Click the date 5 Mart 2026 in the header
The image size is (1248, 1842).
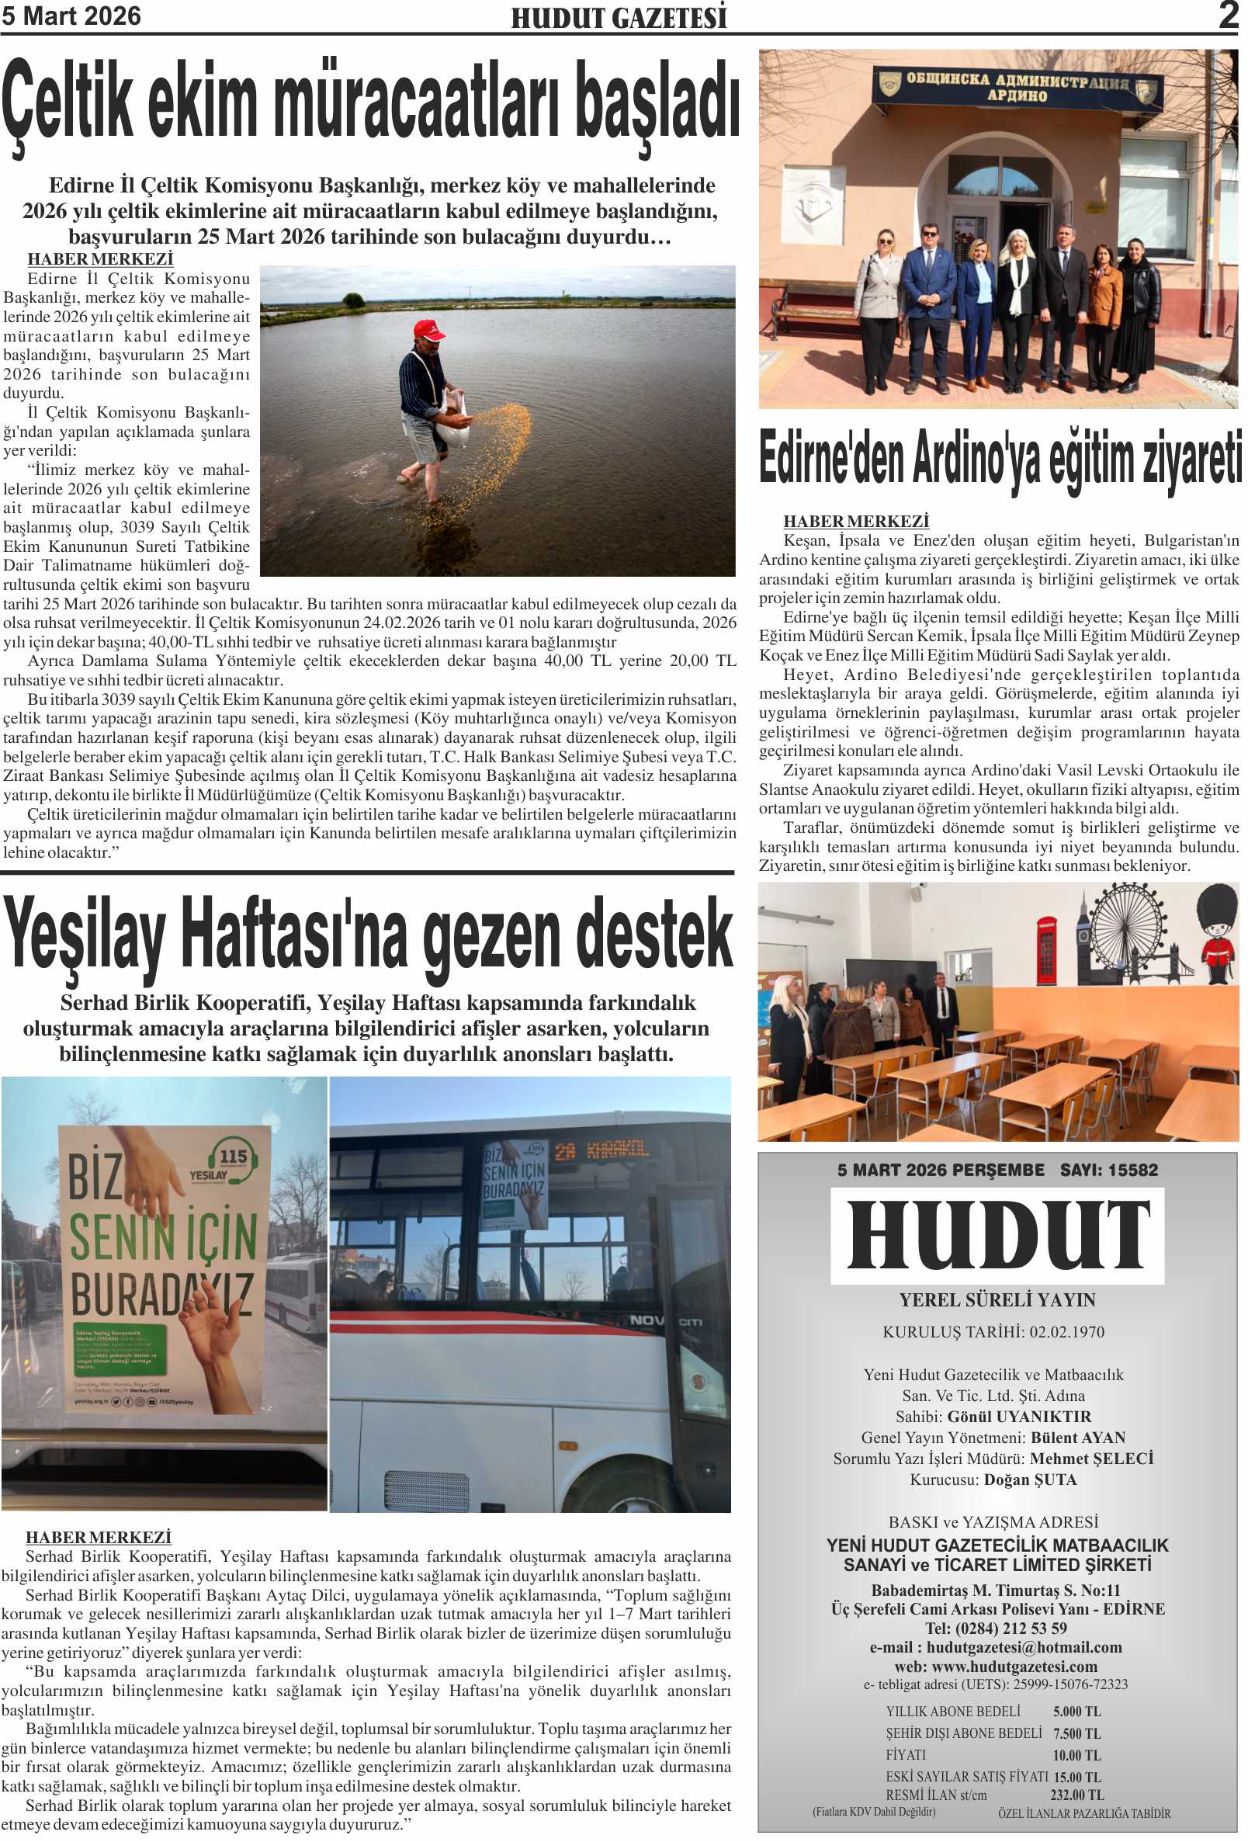click(x=71, y=16)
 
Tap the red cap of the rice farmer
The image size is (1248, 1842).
click(x=428, y=329)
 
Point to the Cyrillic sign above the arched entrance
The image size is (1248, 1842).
click(x=1017, y=86)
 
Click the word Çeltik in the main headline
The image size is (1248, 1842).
click(x=68, y=103)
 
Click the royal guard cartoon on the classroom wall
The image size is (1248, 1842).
click(x=1216, y=935)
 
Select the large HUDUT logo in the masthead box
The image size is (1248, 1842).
click(x=997, y=1234)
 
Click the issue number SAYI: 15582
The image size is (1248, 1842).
click(x=1108, y=1170)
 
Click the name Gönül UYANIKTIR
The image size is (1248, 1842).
click(x=1019, y=1417)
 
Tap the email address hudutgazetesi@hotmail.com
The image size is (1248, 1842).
click(x=1024, y=1647)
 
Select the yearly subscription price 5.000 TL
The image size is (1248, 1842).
click(x=1076, y=1712)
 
